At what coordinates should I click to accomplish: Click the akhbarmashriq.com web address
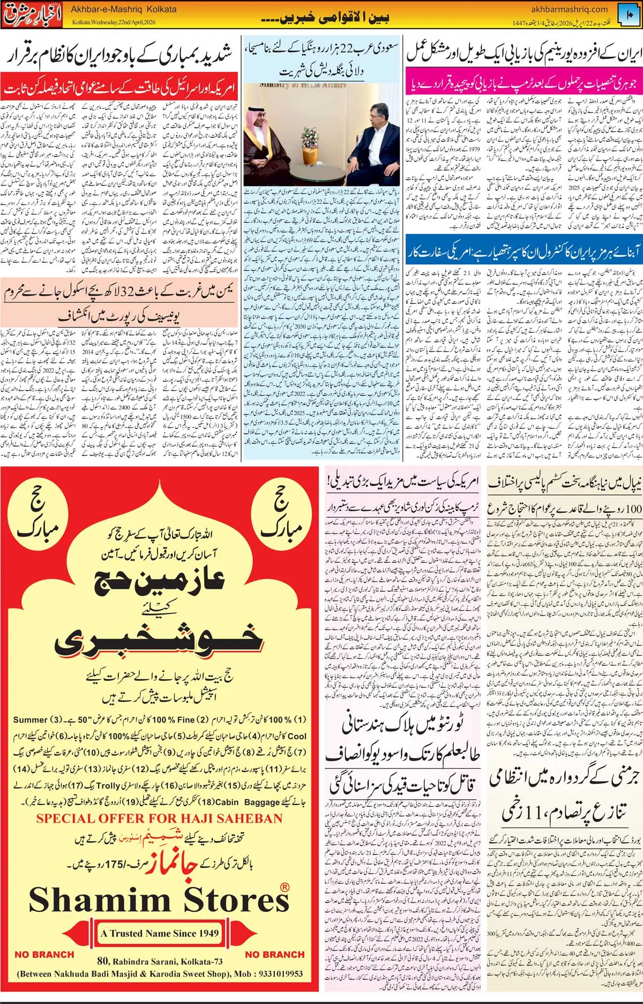coord(569,9)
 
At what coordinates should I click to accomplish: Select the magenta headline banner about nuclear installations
coord(523,84)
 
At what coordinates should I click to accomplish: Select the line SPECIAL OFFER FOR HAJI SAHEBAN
coord(159,819)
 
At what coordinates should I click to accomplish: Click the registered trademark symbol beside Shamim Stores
coord(285,887)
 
